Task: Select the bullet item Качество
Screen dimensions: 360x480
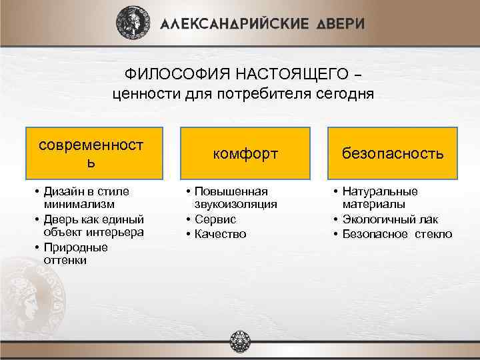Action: coord(221,233)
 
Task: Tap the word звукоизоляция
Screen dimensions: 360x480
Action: coord(236,205)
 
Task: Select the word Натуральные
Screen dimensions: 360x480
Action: coord(380,191)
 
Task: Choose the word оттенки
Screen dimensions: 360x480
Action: coord(65,261)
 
